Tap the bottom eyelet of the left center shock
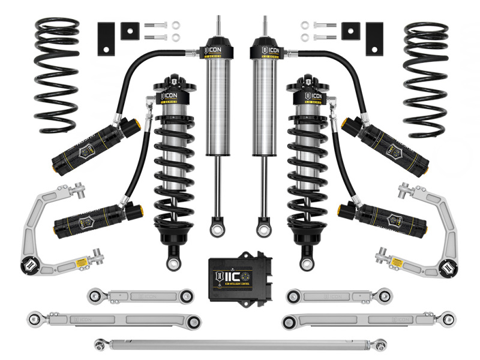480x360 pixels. click(215, 229)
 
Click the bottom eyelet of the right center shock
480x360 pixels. click(263, 229)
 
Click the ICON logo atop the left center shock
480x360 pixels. click(217, 48)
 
